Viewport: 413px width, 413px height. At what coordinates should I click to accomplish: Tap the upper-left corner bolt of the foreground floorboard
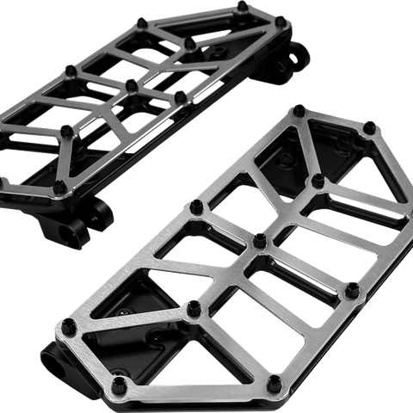pos(299,109)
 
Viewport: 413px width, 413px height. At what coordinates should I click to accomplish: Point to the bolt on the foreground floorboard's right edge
pos(351,290)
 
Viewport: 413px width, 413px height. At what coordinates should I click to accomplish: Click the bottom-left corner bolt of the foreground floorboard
pos(121,383)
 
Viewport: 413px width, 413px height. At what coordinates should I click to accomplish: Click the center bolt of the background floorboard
pos(131,85)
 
